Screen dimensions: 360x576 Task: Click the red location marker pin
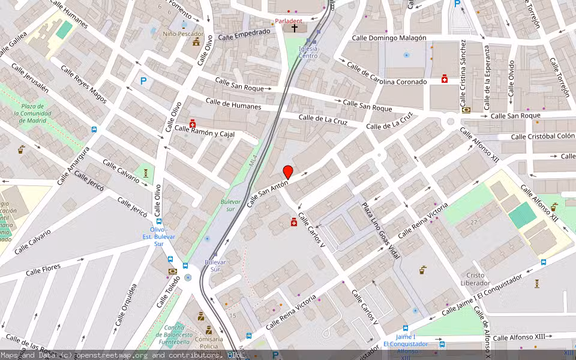tap(288, 172)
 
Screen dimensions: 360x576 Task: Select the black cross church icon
tap(294, 28)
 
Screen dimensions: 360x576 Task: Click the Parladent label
tap(289, 21)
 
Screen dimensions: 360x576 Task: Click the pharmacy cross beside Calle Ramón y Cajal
tap(193, 124)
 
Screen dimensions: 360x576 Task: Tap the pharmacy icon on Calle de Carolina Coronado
tap(445, 79)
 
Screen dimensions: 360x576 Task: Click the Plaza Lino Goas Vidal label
tap(380, 231)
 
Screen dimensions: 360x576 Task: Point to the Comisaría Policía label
tap(209, 343)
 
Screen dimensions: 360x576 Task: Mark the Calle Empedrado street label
tap(244, 35)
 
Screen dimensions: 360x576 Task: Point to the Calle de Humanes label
tap(233, 104)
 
